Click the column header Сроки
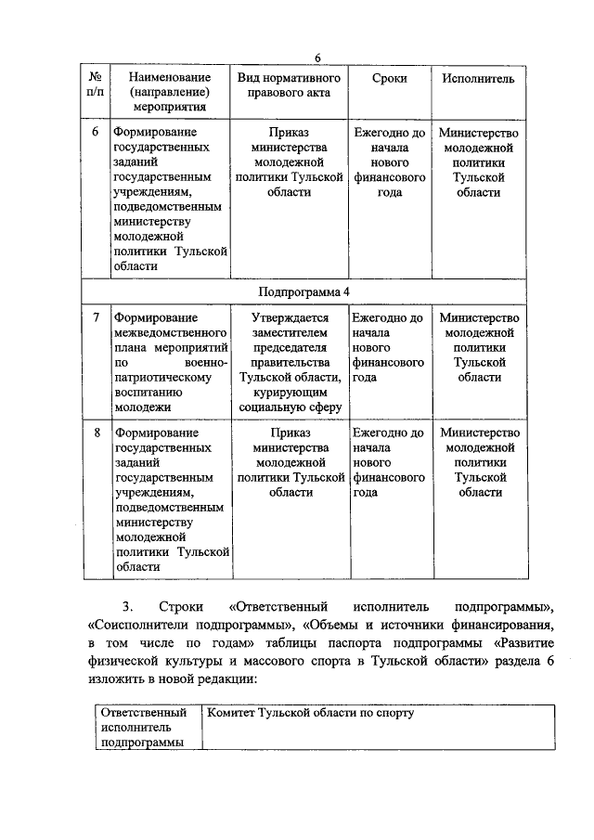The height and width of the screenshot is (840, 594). point(389,80)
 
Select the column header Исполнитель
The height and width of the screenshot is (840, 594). point(478,80)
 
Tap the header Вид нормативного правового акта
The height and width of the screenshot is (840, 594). point(290,85)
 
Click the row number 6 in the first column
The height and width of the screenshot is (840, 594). point(96,133)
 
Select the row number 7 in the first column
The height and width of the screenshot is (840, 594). point(96,318)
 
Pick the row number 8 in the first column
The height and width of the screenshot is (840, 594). point(96,433)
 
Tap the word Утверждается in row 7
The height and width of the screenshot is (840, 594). point(290,318)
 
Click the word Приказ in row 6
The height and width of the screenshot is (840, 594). point(290,133)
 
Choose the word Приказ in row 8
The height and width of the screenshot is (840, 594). point(290,433)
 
